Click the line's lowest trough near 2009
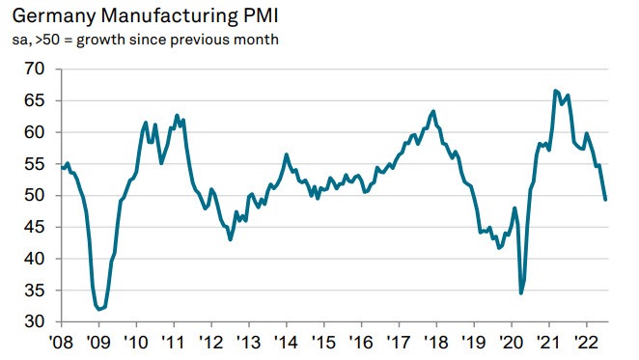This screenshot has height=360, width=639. click(x=100, y=309)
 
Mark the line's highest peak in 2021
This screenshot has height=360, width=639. click(x=555, y=91)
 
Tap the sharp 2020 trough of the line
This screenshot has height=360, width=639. click(x=521, y=292)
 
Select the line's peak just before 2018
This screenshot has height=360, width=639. click(x=432, y=111)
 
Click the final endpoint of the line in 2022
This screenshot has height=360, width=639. click(x=605, y=200)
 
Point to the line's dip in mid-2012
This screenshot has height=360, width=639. click(x=230, y=238)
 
